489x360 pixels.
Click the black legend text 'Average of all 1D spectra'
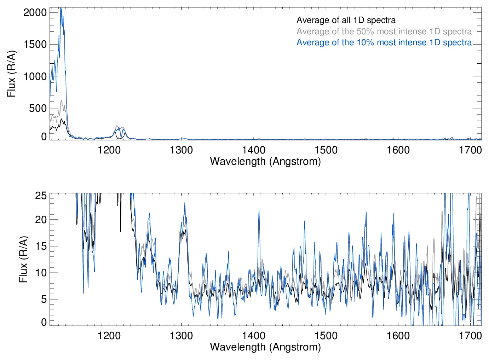click(x=346, y=20)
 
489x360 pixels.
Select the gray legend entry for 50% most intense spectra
click(x=384, y=31)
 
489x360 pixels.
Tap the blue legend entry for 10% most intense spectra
click(x=384, y=42)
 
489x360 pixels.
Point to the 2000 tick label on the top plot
click(x=35, y=12)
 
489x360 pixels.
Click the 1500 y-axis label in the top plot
click(x=35, y=44)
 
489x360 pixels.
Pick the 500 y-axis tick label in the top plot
click(x=38, y=108)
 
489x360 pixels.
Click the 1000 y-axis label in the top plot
click(x=35, y=76)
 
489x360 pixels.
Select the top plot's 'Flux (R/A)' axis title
click(x=11, y=74)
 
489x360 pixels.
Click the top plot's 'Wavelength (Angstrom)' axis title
click(x=265, y=161)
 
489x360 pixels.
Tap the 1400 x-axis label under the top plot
click(x=254, y=150)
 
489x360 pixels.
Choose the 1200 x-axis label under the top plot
click(x=109, y=150)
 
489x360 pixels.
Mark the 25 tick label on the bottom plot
click(x=41, y=196)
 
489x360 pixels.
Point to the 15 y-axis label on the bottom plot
click(x=41, y=246)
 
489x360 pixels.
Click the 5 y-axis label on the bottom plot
click(x=44, y=299)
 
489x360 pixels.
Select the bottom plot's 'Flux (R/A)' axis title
click(x=23, y=260)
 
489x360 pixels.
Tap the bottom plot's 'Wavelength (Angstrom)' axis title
click(x=265, y=347)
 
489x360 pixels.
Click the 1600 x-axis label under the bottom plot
click(x=398, y=335)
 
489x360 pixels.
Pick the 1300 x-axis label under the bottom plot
click(x=181, y=335)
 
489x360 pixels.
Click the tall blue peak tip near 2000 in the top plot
click(x=61, y=8)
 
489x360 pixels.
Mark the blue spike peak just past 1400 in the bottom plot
click(x=259, y=210)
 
